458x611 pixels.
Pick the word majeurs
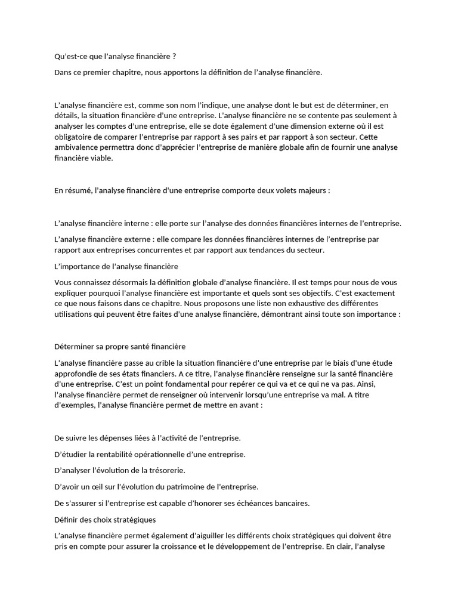(x=311, y=190)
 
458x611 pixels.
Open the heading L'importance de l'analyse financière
(x=116, y=266)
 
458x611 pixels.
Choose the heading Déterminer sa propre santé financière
(x=120, y=346)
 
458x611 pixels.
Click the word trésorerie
(x=164, y=470)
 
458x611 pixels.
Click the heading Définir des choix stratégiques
(x=105, y=519)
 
